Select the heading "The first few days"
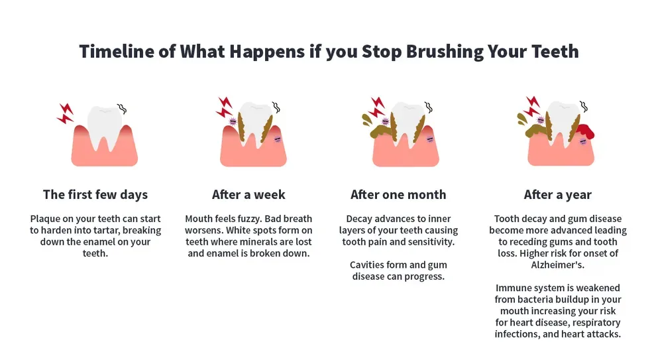(x=95, y=195)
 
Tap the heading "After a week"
(x=248, y=195)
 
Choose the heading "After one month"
(x=398, y=195)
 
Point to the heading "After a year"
(x=557, y=195)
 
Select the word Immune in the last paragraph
(x=513, y=288)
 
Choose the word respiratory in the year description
(x=579, y=323)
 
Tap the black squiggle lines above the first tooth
(x=122, y=108)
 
